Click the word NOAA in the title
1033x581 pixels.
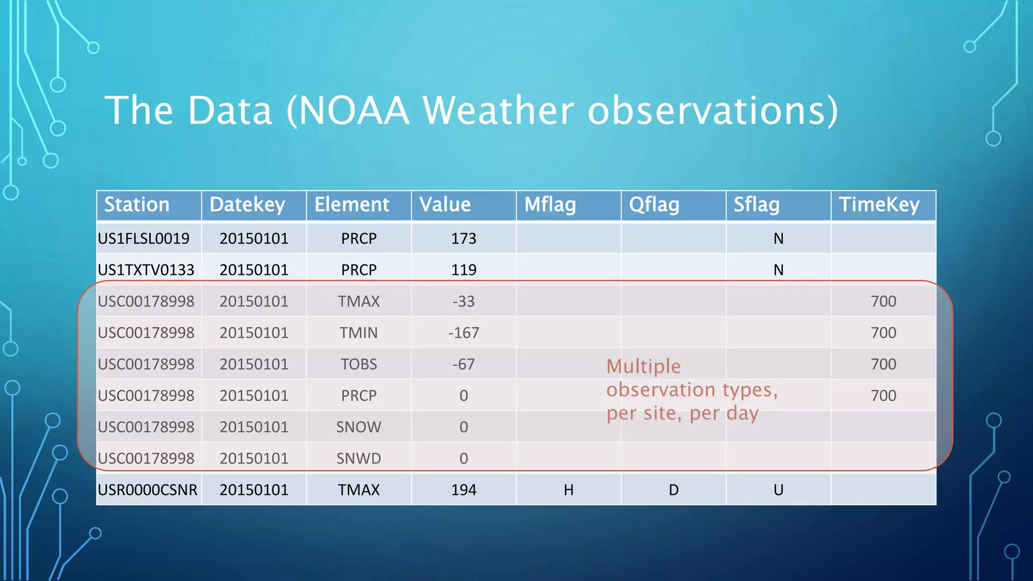click(x=354, y=110)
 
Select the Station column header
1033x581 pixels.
click(x=137, y=205)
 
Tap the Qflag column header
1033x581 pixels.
click(x=654, y=205)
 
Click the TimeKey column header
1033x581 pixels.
click(x=879, y=205)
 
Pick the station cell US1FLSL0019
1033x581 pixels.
click(x=144, y=239)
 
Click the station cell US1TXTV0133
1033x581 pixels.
click(x=146, y=270)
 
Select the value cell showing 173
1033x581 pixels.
click(x=464, y=239)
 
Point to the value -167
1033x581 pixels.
click(x=464, y=333)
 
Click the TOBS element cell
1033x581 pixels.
click(x=359, y=364)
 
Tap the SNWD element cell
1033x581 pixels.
click(x=359, y=458)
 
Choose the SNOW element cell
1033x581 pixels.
click(x=359, y=427)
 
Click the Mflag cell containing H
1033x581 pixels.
click(x=568, y=490)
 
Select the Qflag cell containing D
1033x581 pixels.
click(x=673, y=490)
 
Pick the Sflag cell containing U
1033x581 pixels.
click(x=778, y=490)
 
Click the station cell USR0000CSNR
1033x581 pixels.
click(x=147, y=490)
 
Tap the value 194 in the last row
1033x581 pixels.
click(x=464, y=490)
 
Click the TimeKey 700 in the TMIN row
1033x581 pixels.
click(x=883, y=333)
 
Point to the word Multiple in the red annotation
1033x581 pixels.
click(x=644, y=366)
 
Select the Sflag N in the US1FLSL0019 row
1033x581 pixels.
click(x=778, y=239)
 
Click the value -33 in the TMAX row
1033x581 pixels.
click(x=464, y=302)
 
